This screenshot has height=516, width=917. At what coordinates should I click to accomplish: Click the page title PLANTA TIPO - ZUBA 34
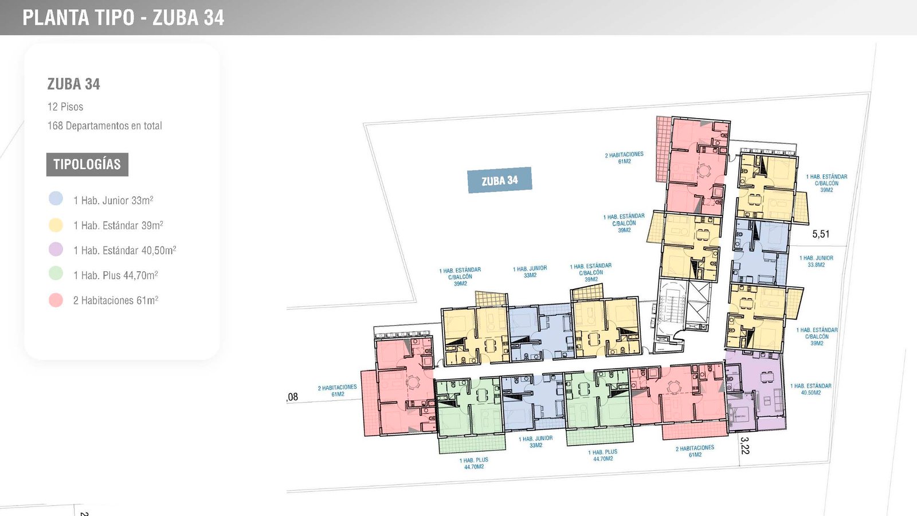click(x=123, y=18)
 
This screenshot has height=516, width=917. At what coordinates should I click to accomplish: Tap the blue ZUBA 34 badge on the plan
click(x=499, y=180)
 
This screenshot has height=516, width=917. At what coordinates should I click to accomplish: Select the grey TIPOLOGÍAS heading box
click(x=87, y=165)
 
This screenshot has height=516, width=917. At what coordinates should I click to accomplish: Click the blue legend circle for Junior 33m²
click(x=56, y=198)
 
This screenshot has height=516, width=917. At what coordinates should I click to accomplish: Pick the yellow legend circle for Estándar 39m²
click(x=56, y=225)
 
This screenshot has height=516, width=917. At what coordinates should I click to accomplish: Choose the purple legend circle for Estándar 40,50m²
click(x=56, y=249)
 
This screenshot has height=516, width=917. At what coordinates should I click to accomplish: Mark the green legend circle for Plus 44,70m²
click(x=56, y=273)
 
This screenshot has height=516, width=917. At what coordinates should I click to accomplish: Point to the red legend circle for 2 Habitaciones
click(x=56, y=300)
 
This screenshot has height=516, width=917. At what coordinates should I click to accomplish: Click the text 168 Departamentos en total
click(x=104, y=126)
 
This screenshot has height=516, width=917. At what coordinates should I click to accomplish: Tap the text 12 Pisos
click(x=65, y=107)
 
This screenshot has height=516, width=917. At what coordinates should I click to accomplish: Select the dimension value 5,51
click(x=821, y=234)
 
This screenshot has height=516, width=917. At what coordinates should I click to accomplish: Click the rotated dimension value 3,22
click(x=744, y=445)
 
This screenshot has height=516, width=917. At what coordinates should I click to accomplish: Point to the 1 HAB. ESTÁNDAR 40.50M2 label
click(x=810, y=389)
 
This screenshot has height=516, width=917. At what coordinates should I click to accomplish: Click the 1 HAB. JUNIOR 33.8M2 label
click(x=816, y=261)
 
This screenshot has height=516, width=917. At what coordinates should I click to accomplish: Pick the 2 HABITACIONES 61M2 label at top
click(x=624, y=158)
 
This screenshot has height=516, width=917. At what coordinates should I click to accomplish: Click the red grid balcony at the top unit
click(x=663, y=149)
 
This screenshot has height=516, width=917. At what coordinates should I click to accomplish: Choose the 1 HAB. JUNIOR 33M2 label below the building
click(x=536, y=441)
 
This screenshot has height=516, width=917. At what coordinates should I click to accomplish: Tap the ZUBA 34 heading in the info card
click(x=73, y=84)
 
